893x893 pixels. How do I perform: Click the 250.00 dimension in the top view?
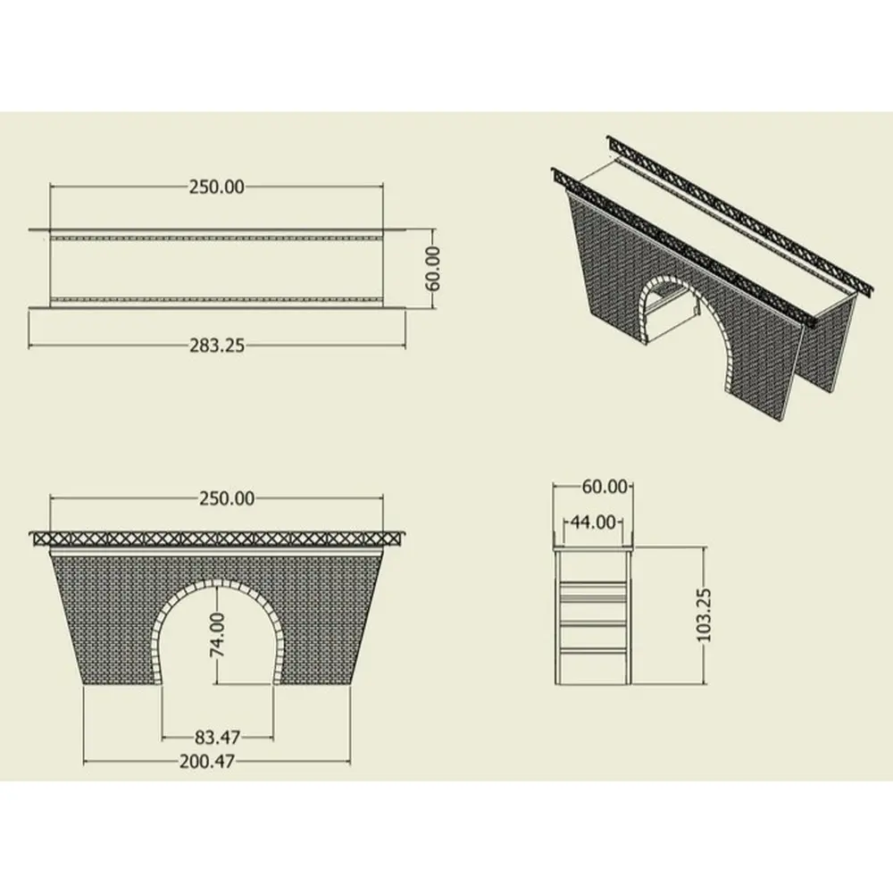click(216, 187)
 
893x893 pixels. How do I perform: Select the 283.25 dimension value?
click(216, 346)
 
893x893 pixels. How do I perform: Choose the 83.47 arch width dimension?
click(217, 738)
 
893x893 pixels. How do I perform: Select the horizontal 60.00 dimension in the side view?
click(605, 487)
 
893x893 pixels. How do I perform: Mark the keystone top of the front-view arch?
click(217, 584)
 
